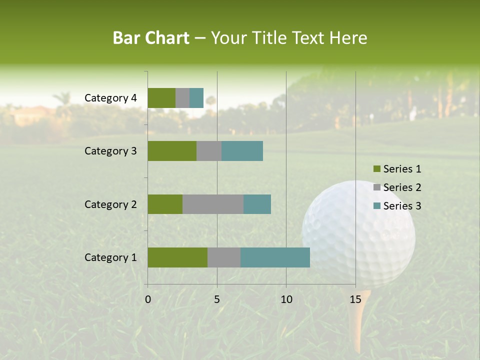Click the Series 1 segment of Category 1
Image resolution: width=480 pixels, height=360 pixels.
click(x=177, y=257)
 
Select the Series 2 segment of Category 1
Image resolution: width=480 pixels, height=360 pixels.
click(x=224, y=257)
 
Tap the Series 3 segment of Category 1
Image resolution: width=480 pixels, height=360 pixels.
click(x=275, y=257)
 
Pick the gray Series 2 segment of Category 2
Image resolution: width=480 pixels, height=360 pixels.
click(x=213, y=204)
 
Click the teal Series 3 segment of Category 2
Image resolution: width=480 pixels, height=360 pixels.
click(x=257, y=204)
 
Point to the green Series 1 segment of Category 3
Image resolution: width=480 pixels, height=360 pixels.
click(x=172, y=151)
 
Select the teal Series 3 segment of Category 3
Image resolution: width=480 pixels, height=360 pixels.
click(x=242, y=151)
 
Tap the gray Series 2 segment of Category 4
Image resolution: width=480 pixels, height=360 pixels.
click(x=182, y=98)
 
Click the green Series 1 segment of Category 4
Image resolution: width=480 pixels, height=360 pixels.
click(x=161, y=98)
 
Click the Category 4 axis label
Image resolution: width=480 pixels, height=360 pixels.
click(x=110, y=98)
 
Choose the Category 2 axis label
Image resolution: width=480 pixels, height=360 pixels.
click(x=110, y=204)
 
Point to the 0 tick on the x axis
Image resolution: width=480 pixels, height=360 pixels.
click(x=148, y=299)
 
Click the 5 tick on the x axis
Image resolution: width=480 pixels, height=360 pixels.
click(x=217, y=299)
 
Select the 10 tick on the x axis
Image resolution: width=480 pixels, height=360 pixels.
click(x=286, y=299)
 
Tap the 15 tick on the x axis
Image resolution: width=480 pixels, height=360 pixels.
click(x=355, y=299)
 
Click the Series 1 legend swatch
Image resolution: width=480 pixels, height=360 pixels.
click(x=376, y=169)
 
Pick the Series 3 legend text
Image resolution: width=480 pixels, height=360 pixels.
click(x=402, y=206)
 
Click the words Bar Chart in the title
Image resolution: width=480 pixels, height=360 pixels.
click(x=151, y=38)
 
